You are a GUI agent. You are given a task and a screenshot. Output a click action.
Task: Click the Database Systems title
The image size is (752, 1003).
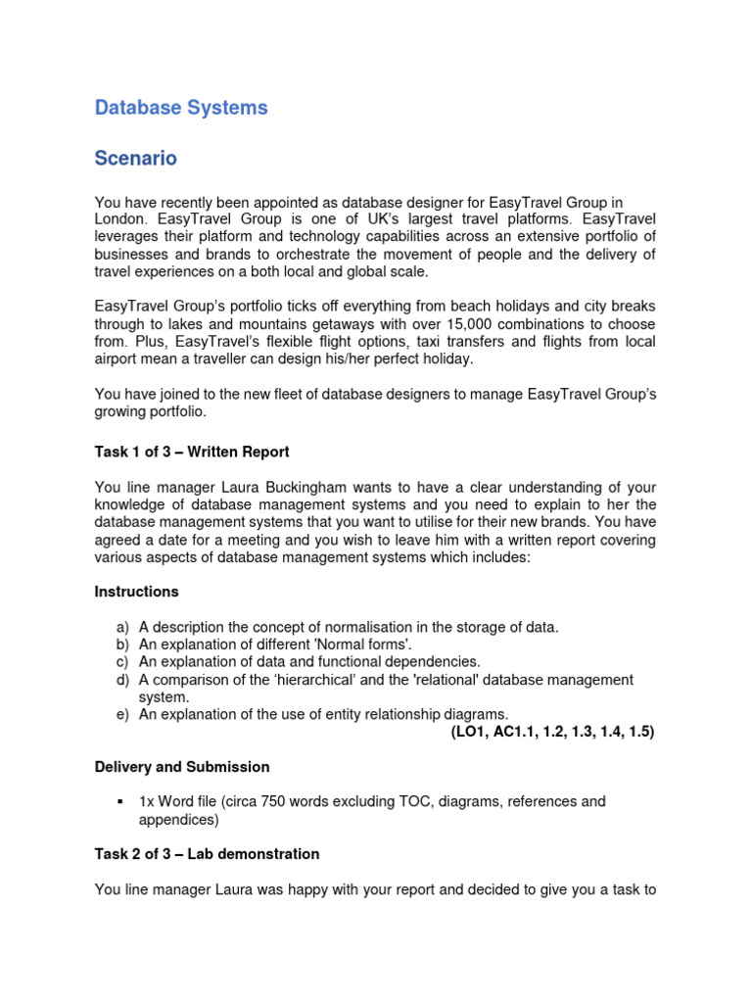(x=181, y=108)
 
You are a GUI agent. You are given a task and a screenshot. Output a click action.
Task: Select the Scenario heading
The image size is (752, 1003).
(x=136, y=158)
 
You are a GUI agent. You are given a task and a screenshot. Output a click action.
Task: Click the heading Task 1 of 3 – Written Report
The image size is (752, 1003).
(x=192, y=452)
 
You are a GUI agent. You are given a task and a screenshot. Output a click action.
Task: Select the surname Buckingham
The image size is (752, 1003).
(x=307, y=488)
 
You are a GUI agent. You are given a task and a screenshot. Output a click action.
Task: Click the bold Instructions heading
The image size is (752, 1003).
(x=136, y=592)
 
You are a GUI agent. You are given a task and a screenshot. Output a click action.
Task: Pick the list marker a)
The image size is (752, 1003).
(x=122, y=627)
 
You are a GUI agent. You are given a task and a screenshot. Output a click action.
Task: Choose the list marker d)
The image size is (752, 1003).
(x=122, y=680)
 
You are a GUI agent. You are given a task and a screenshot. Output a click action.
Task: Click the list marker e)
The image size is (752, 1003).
(x=122, y=714)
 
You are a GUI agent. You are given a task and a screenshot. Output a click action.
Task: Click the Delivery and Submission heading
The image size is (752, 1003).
(x=181, y=767)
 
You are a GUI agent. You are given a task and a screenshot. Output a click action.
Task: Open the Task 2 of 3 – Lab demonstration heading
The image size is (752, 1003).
(x=207, y=854)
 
